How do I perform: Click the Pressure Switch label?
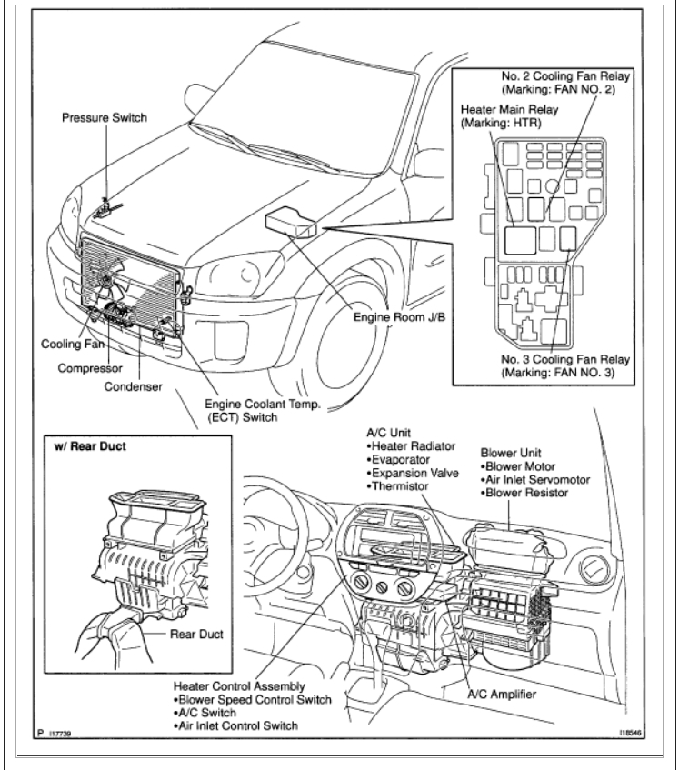(105, 118)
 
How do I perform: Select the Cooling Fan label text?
(69, 345)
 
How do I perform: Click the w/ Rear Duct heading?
(91, 447)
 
